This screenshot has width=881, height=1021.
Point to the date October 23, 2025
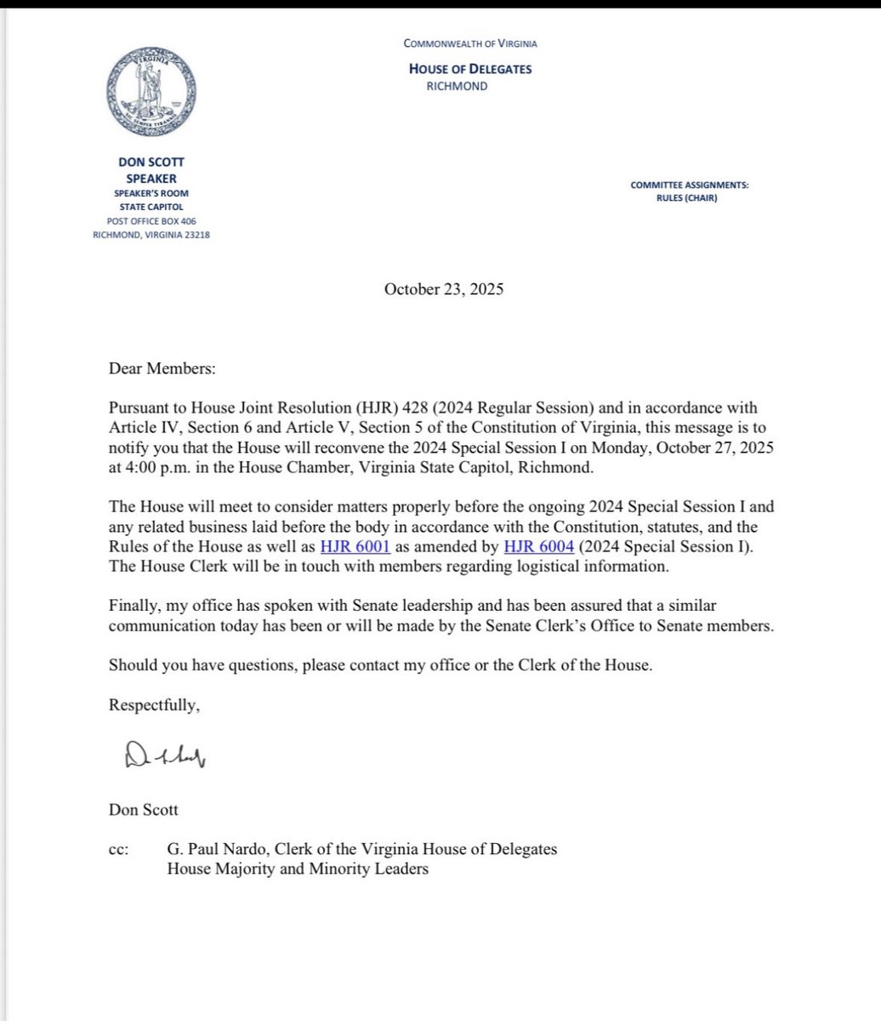pyautogui.click(x=444, y=289)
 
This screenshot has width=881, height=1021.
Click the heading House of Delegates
pyautogui.click(x=470, y=69)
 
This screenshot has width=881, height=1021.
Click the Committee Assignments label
pyautogui.click(x=690, y=185)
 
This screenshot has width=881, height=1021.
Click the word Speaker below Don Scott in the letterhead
pyautogui.click(x=150, y=180)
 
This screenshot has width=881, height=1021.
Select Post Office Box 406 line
pyautogui.click(x=150, y=221)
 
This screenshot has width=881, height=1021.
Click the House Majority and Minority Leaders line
pyautogui.click(x=297, y=870)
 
